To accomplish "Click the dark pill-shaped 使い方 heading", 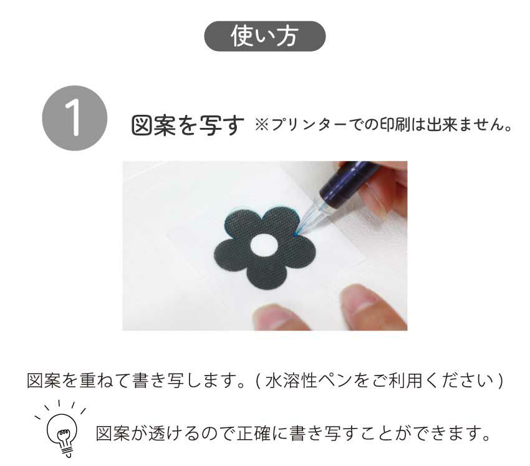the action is pyautogui.click(x=264, y=36).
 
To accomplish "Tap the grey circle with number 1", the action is pyautogui.click(x=75, y=118).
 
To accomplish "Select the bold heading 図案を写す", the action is pyautogui.click(x=188, y=125).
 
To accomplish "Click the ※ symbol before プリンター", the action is pyautogui.click(x=262, y=125).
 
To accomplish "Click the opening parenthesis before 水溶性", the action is pyautogui.click(x=258, y=381).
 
